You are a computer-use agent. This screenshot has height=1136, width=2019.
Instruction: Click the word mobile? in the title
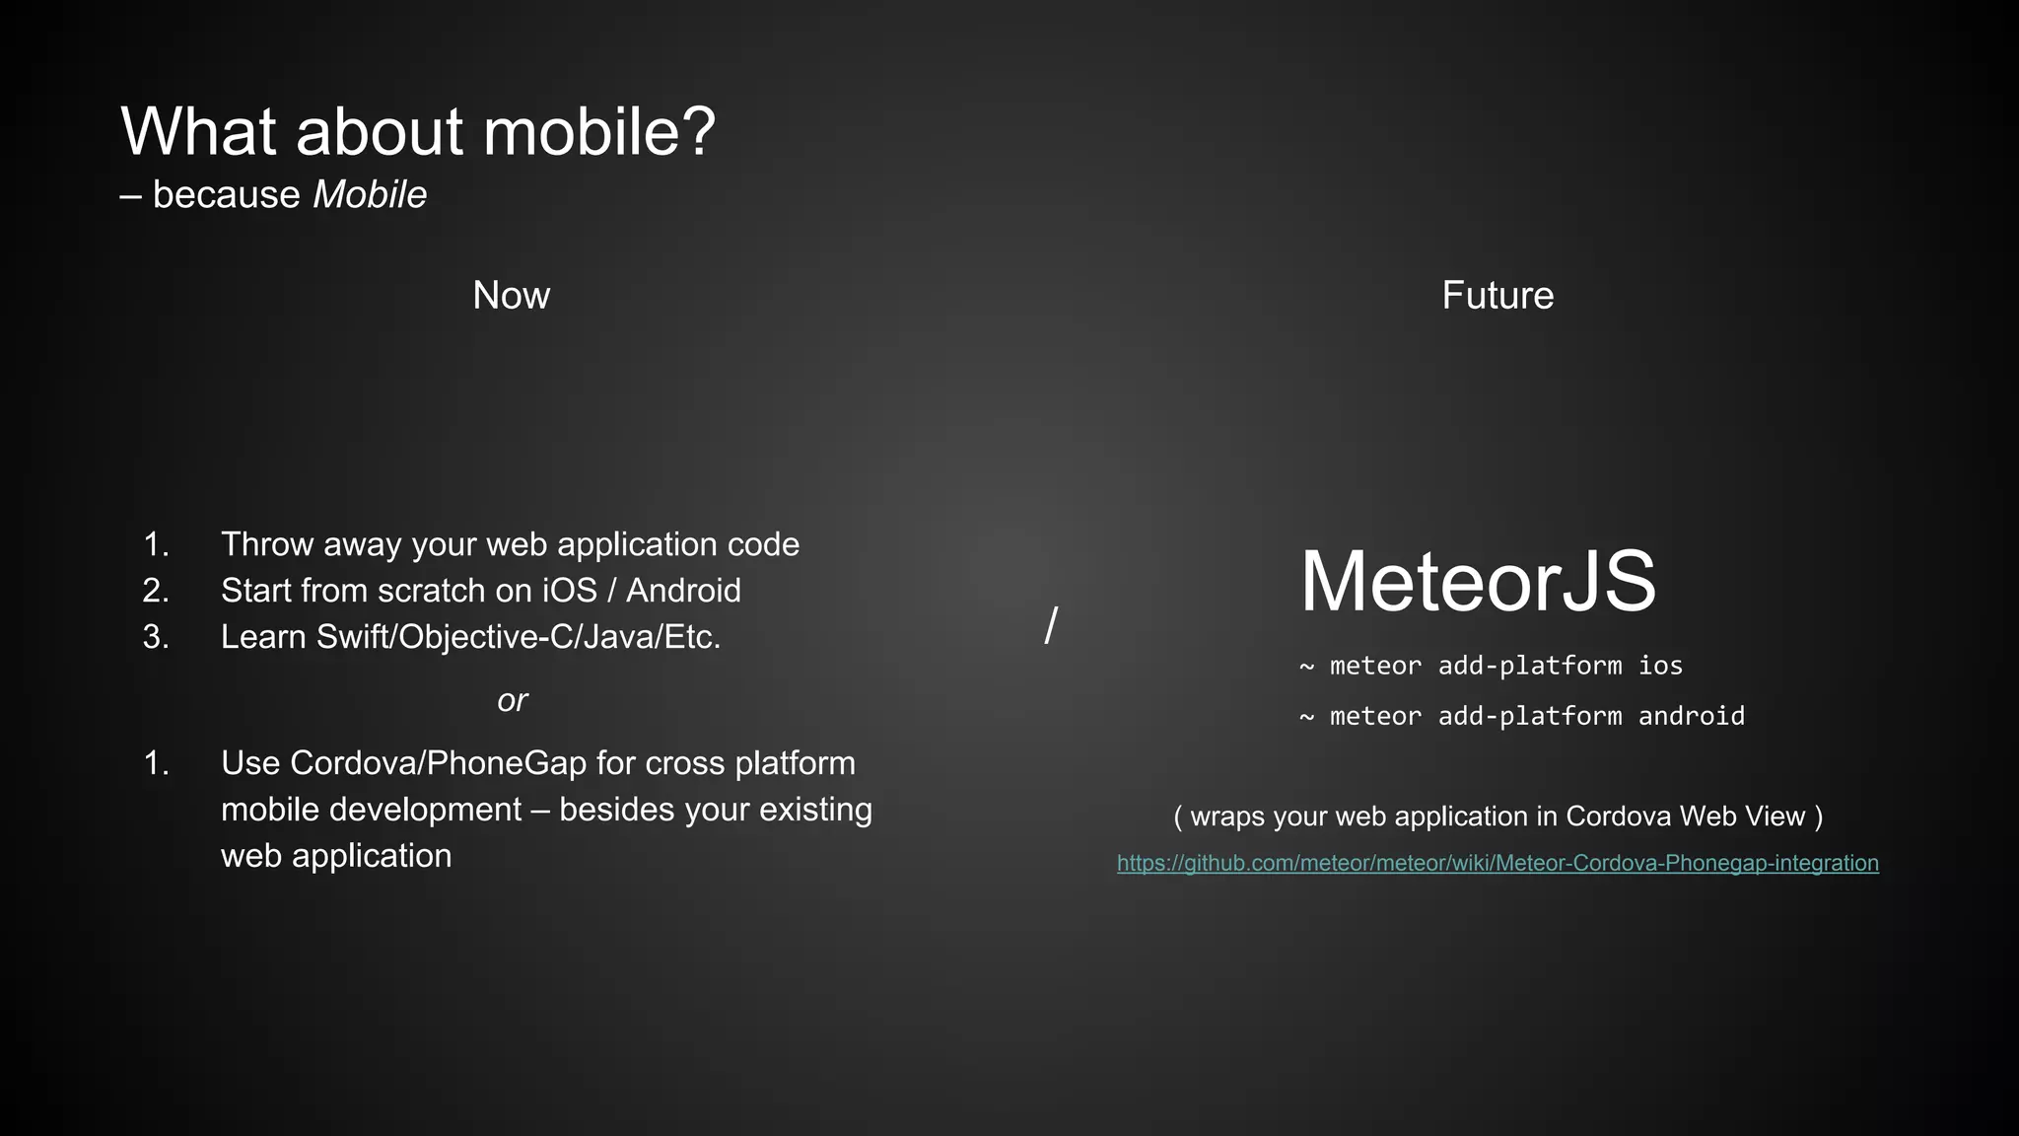[598, 132]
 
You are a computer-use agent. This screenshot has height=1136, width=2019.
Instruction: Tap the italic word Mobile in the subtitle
[370, 195]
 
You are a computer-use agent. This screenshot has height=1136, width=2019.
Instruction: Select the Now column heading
[511, 296]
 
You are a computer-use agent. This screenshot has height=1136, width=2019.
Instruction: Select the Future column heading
[1497, 296]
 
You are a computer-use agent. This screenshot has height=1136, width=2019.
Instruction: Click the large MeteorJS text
[1478, 582]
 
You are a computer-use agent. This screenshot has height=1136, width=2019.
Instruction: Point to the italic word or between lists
[513, 701]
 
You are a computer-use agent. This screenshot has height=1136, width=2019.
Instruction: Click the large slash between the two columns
[1051, 625]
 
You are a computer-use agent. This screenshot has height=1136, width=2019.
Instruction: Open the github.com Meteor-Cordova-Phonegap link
[1497, 863]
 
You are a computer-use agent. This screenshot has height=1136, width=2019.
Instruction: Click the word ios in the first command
[1660, 666]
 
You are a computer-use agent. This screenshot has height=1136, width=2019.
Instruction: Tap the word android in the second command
[1691, 716]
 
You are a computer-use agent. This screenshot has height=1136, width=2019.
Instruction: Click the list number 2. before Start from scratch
[156, 591]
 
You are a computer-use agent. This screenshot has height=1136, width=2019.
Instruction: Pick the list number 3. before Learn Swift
[156, 637]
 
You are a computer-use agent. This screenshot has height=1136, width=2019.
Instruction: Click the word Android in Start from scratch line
[683, 591]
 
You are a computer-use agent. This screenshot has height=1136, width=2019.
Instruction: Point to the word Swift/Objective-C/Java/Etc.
[519, 637]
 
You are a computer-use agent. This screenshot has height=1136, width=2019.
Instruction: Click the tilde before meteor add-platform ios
[1307, 667]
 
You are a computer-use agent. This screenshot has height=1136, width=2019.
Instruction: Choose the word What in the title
[198, 132]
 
